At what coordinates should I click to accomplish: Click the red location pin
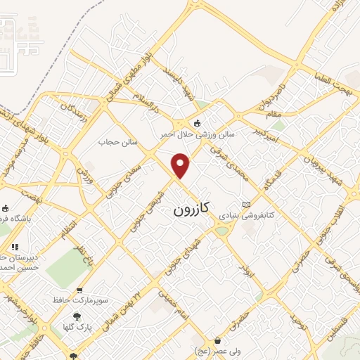tap(181, 165)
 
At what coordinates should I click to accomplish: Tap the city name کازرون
tap(192, 210)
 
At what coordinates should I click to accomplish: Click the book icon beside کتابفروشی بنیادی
tap(246, 204)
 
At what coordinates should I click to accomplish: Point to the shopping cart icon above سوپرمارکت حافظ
tap(79, 289)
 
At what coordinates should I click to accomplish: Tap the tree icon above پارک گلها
tap(77, 316)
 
